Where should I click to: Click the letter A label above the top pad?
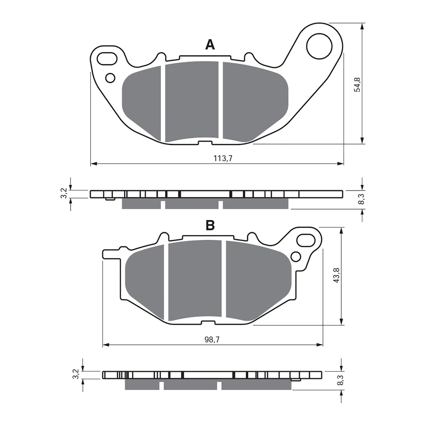click(x=210, y=45)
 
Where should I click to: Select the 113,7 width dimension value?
click(x=223, y=159)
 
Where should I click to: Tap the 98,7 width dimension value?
click(x=212, y=340)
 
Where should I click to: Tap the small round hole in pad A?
click(x=110, y=78)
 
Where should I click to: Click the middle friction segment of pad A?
click(x=192, y=101)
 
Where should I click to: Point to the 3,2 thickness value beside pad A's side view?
click(x=64, y=194)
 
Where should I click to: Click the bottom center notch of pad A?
click(x=205, y=143)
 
